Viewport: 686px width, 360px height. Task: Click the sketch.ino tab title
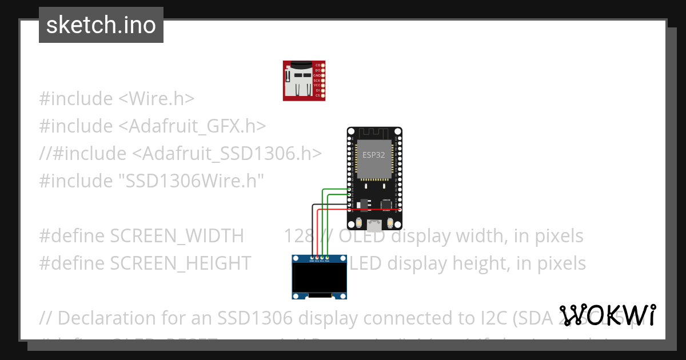click(101, 25)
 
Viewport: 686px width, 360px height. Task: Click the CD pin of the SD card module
click(323, 65)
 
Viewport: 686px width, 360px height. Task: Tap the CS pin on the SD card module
click(323, 95)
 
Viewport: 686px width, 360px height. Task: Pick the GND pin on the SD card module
click(323, 75)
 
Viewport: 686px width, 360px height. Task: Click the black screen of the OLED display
click(320, 278)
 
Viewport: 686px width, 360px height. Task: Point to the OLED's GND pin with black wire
click(312, 258)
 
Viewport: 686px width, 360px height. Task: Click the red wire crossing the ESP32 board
click(366, 210)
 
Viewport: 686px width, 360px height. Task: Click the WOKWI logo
click(608, 315)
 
